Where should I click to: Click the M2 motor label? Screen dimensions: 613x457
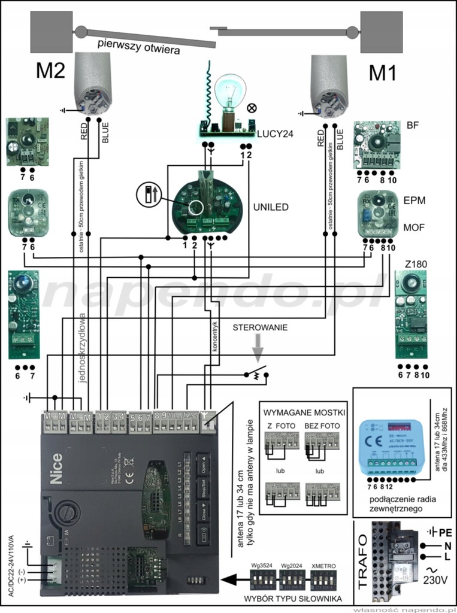[x=50, y=71]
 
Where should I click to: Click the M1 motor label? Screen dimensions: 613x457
[x=383, y=72]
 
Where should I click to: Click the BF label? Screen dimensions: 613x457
[x=412, y=125]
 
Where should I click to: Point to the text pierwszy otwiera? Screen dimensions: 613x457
[x=138, y=47]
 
